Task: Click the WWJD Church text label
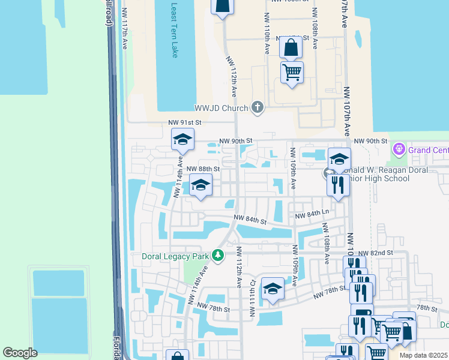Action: (221, 109)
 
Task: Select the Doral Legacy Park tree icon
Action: (218, 256)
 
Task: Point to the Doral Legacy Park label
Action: (175, 256)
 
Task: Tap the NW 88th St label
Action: (203, 169)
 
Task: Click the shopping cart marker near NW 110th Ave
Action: (292, 73)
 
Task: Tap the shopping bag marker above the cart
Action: (291, 48)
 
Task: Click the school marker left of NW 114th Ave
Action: (182, 140)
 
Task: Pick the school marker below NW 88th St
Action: (201, 185)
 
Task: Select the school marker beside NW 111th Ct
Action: (273, 289)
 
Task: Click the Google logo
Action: (20, 353)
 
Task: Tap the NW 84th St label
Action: (250, 220)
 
